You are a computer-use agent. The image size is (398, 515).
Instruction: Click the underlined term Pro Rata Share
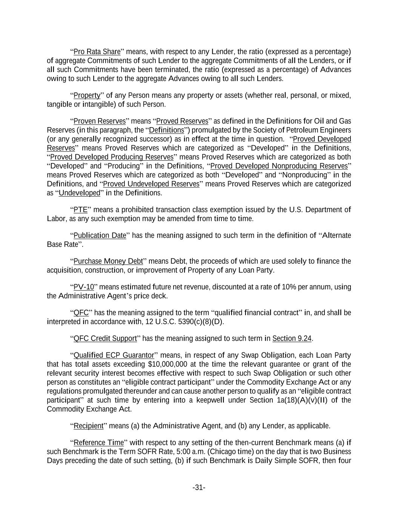[97, 52]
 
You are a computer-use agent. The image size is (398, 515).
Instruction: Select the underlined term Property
[87, 95]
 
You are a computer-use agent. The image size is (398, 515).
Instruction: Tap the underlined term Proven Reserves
[100, 121]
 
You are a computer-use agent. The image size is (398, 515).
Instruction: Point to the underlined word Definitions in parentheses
[166, 130]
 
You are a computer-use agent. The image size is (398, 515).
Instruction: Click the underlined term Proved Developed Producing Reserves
[112, 157]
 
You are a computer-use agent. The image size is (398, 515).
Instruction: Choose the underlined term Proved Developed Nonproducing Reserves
[279, 166]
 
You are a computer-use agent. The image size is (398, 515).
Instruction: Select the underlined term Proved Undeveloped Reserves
[151, 184]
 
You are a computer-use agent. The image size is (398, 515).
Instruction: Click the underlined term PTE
[80, 210]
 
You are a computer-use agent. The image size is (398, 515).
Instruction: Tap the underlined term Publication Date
[100, 236]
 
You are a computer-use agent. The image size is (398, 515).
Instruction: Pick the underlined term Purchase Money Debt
[108, 261]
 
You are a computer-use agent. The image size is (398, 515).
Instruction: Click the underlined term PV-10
[83, 287]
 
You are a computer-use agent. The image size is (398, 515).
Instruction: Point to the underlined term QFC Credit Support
[105, 338]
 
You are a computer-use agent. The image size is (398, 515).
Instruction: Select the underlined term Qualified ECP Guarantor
[114, 355]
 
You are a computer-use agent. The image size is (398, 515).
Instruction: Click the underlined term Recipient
[88, 426]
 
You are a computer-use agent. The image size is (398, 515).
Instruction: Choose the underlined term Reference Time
[98, 443]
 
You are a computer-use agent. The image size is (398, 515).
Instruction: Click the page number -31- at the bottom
[199, 488]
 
